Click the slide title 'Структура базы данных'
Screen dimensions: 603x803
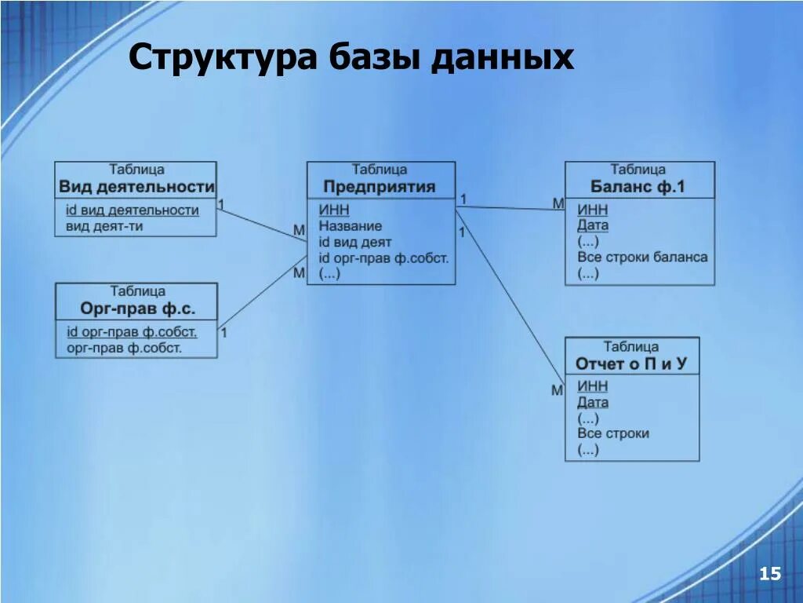point(351,58)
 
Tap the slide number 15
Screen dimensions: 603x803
point(769,575)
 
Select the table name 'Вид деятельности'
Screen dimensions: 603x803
point(136,187)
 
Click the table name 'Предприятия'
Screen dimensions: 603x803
point(380,187)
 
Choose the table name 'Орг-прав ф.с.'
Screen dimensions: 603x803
point(138,309)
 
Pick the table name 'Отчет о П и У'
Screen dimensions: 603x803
point(630,364)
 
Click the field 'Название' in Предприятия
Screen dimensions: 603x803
point(351,226)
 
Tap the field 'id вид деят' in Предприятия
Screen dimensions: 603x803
point(354,242)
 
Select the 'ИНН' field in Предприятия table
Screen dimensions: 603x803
point(334,210)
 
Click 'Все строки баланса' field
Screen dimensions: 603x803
point(642,258)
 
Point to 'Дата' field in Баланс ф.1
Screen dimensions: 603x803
point(593,225)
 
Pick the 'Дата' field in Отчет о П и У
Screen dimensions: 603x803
point(593,403)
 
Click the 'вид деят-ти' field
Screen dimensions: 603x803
point(104,226)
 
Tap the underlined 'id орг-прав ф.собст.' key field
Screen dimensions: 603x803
point(132,332)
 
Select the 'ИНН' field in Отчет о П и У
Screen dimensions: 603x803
point(592,386)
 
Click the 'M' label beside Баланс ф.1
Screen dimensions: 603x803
point(558,203)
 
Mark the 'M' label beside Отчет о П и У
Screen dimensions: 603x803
point(557,390)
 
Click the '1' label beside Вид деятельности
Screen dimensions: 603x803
point(221,205)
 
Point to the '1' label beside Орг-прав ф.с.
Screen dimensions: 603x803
point(223,332)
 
